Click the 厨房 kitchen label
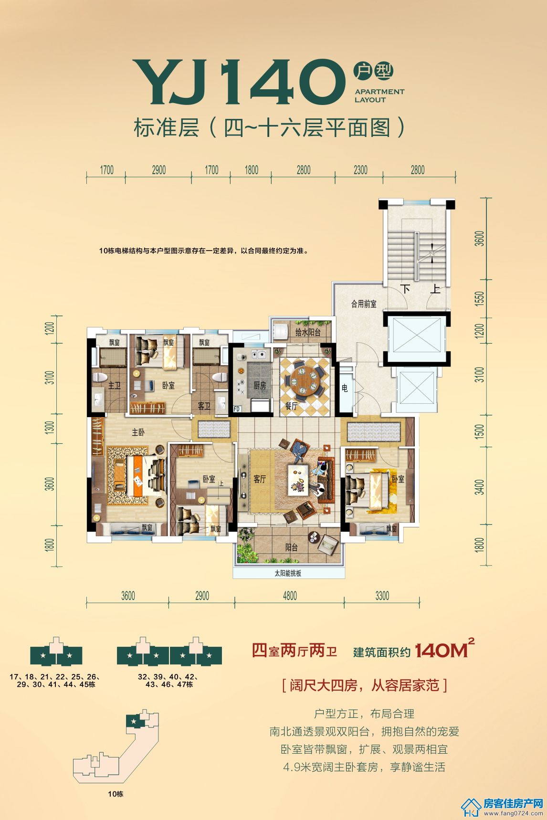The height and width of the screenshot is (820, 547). coord(260,385)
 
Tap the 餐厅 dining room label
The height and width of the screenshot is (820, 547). coord(291,406)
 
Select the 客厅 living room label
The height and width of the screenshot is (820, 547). coord(260,479)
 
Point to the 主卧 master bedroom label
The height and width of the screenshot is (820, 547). coord(138,432)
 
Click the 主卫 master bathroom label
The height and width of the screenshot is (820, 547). coord(115,385)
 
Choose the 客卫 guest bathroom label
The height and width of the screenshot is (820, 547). coord(204,406)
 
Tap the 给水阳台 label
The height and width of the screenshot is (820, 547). coord(307,332)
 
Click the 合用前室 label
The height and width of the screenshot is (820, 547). coord(364,304)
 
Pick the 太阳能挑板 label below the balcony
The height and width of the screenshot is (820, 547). coord(288,573)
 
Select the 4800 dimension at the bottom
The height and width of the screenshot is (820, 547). coord(290,596)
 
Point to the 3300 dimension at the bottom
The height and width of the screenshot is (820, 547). coord(382,596)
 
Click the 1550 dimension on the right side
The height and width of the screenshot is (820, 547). coord(480,299)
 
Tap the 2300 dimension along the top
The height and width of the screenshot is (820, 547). coord(360,170)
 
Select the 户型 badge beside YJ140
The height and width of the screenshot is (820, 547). coord(373,71)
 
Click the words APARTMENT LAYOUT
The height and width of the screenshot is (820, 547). coord(379,95)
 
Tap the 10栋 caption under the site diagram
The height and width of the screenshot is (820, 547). coord(116,794)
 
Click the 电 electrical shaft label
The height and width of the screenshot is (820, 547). coord(345,389)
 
